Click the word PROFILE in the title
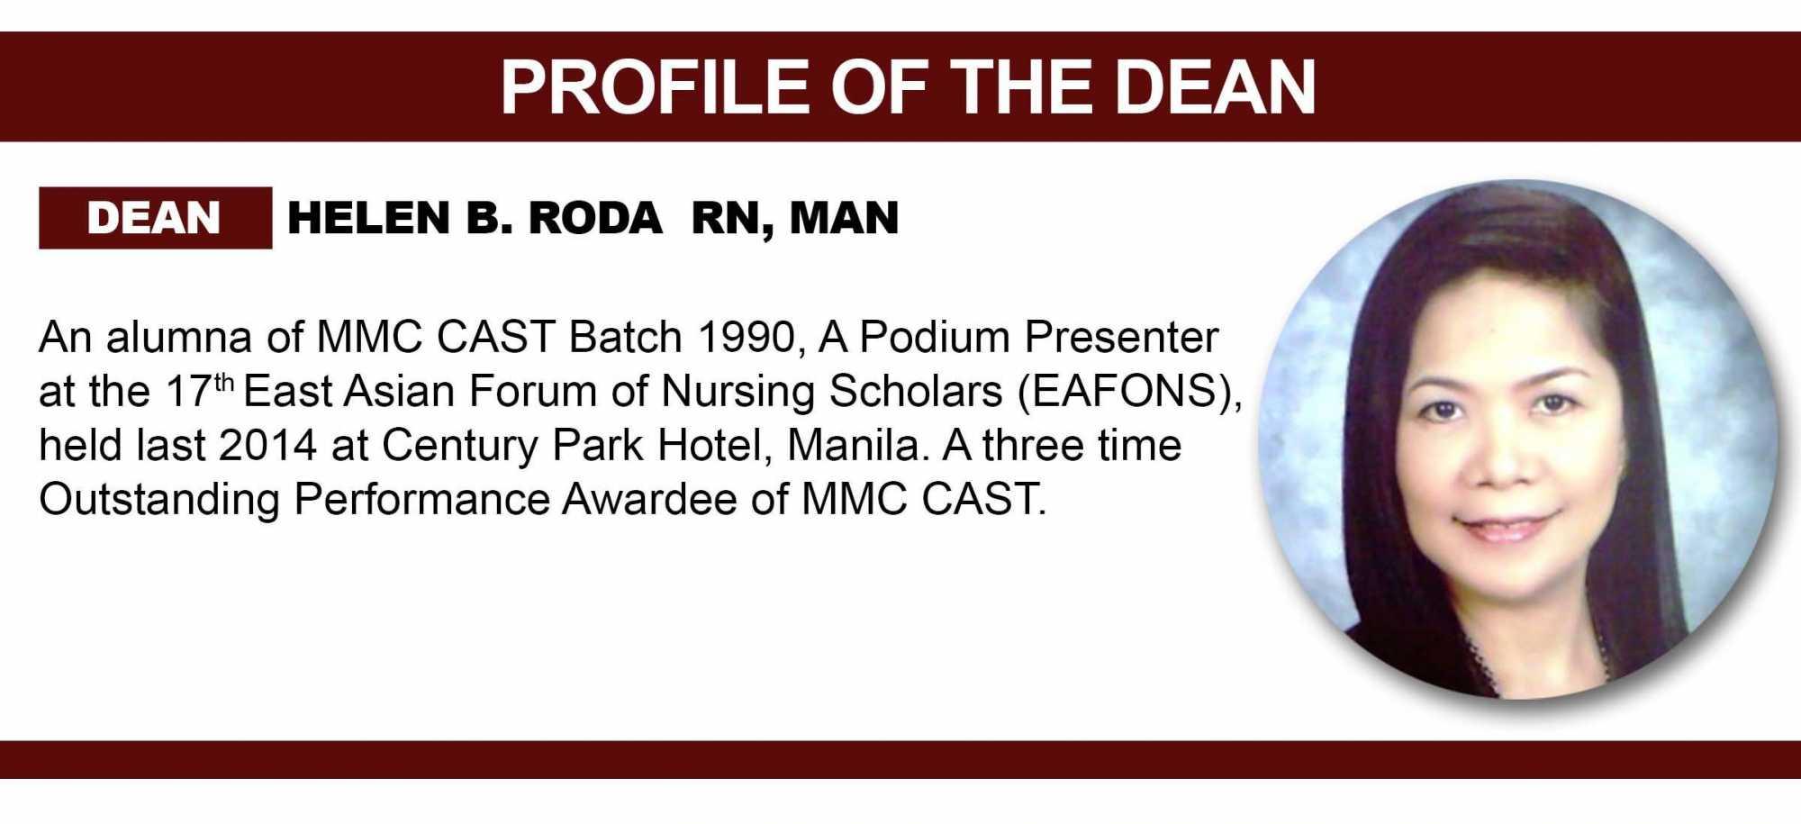[654, 87]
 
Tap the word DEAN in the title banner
[1216, 87]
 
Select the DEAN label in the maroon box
[154, 218]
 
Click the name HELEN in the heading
[368, 218]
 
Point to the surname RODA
[595, 218]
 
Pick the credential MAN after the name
[845, 218]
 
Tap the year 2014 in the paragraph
[267, 446]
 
